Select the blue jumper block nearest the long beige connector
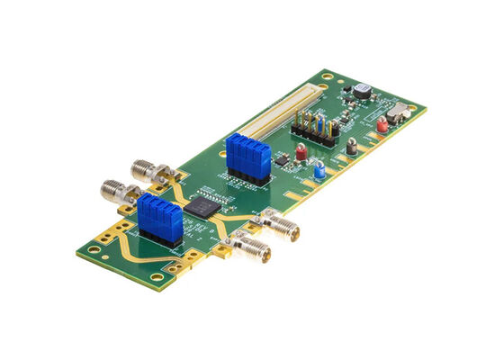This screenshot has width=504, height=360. (248, 158)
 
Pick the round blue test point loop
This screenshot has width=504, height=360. (319, 169)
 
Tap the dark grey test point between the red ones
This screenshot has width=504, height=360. (351, 144)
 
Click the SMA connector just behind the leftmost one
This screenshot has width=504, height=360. (145, 168)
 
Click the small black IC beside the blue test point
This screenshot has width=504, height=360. (283, 159)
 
